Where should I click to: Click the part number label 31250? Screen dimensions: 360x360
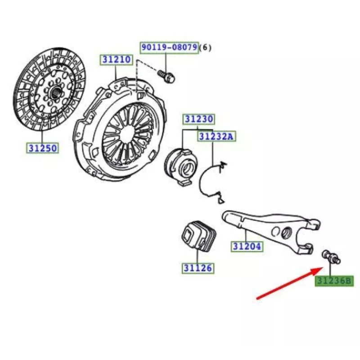(43, 148)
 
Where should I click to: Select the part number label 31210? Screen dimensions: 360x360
(116, 60)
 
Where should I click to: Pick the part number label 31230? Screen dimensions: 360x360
(198, 119)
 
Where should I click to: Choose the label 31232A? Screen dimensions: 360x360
(217, 136)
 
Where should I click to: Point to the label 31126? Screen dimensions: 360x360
(198, 268)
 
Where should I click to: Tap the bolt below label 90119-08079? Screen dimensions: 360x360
(166, 76)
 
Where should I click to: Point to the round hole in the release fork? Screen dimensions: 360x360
(284, 233)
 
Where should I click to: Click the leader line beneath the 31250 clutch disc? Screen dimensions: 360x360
(43, 133)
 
